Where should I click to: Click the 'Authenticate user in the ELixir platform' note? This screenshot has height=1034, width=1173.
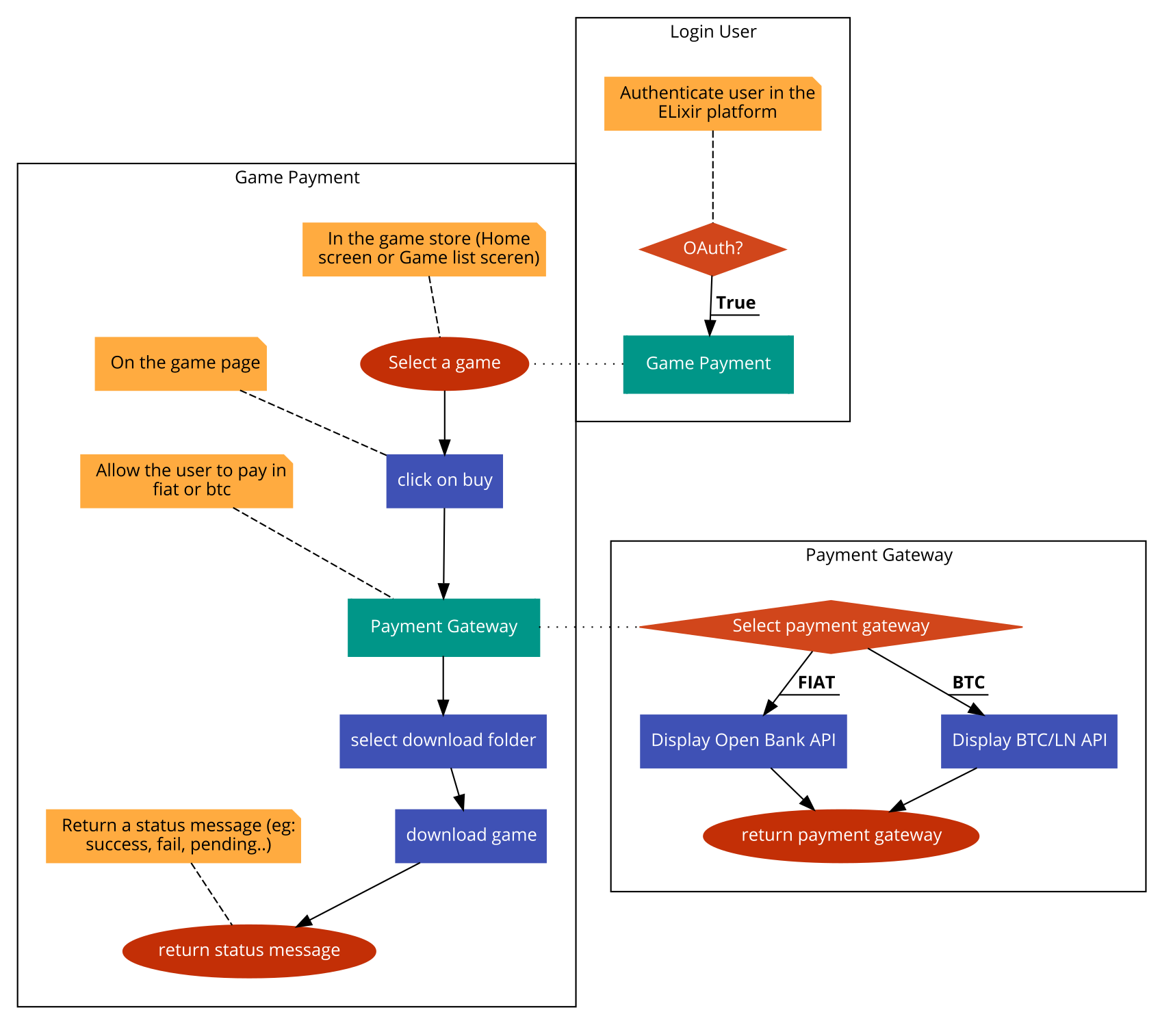[x=712, y=103]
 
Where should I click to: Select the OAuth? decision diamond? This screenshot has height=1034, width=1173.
[x=712, y=248]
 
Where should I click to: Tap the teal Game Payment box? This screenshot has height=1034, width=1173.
[x=708, y=364]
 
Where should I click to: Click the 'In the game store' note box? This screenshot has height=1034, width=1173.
[x=424, y=249]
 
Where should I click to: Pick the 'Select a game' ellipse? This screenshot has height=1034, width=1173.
[x=444, y=363]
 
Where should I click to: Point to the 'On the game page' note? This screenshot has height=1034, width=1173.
[x=180, y=363]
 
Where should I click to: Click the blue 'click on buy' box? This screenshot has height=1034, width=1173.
[x=444, y=480]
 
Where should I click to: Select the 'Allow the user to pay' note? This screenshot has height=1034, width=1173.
[x=186, y=480]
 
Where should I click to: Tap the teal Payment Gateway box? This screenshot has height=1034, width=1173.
[x=443, y=627]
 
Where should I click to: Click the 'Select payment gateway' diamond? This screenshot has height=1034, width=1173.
[x=830, y=626]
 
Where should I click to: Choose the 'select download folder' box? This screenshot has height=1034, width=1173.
[x=443, y=740]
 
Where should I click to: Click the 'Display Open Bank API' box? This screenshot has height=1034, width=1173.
[x=743, y=740]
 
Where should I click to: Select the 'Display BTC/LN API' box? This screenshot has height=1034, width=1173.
[x=1029, y=740]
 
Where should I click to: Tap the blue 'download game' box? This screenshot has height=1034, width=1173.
[x=470, y=836]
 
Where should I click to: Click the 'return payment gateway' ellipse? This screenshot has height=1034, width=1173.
[x=841, y=836]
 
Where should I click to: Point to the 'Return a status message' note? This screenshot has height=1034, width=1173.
[x=173, y=836]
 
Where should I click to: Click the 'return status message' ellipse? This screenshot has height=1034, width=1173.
[x=249, y=951]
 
